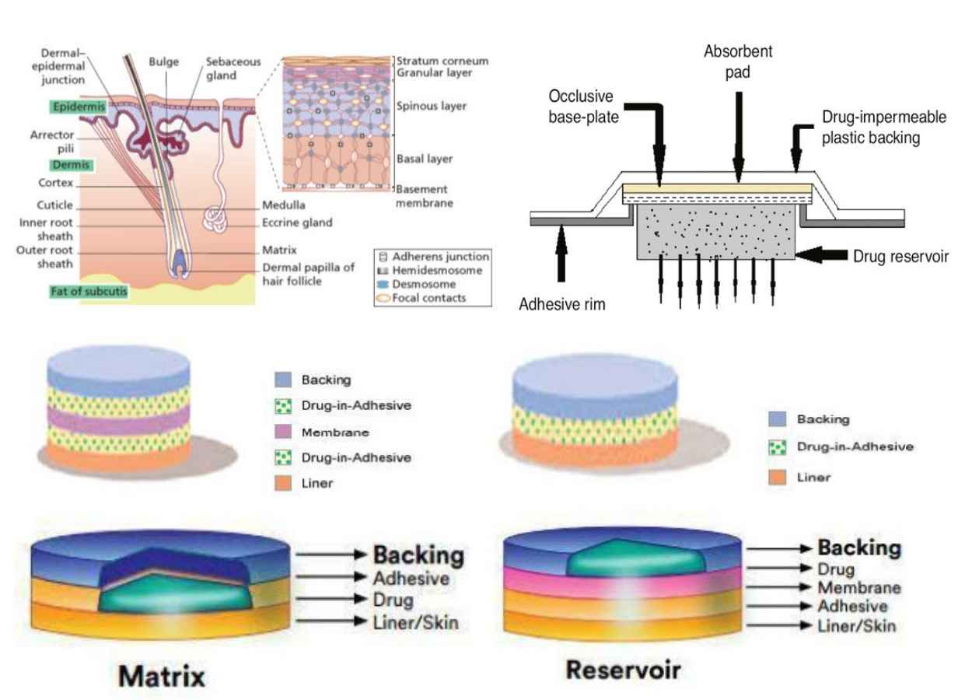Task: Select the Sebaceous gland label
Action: pyautogui.click(x=233, y=68)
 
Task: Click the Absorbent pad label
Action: pyautogui.click(x=737, y=61)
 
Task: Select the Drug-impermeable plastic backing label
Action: pyautogui.click(x=884, y=128)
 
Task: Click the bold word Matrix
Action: pyautogui.click(x=162, y=676)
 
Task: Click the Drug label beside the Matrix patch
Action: pyautogui.click(x=393, y=600)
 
